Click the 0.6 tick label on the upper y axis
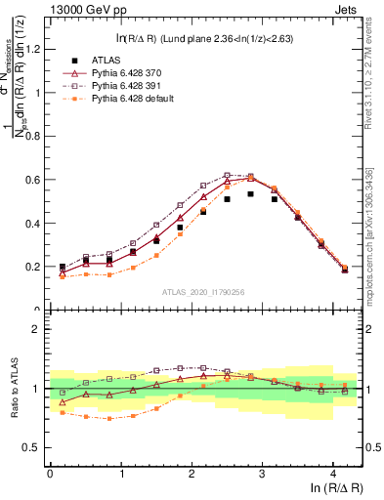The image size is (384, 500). coord(35,180)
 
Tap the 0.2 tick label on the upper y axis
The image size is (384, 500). coord(35,267)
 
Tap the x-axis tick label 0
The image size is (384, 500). coord(50,475)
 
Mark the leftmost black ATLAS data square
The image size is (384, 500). coord(63,267)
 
